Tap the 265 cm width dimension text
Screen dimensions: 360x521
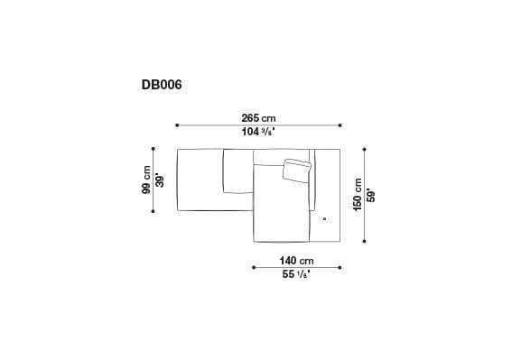[258, 116]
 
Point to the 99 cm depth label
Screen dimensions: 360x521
[144, 179]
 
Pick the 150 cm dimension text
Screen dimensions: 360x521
[358, 194]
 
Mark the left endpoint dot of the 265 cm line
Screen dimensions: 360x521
[177, 125]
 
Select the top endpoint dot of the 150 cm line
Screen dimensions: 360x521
[365, 149]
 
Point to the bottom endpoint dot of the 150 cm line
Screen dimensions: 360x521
[365, 240]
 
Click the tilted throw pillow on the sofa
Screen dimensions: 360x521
[296, 170]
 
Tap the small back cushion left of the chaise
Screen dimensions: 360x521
[237, 171]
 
